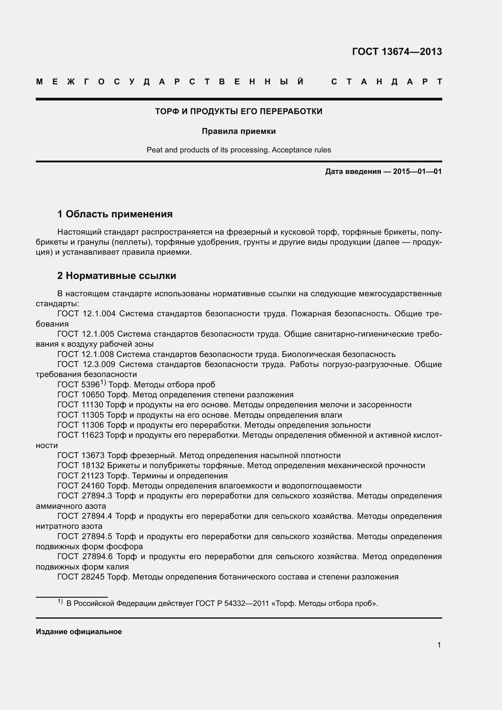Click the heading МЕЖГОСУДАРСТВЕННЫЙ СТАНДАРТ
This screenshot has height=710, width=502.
coord(239,82)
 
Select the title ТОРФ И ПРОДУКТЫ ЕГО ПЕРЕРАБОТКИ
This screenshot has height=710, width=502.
coord(239,111)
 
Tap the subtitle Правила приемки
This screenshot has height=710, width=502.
coord(239,131)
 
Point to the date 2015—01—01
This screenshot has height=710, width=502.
coord(417,172)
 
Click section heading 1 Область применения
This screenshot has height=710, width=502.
coord(115,214)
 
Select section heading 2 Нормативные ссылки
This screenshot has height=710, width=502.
coord(117,276)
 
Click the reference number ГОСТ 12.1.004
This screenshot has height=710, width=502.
coord(86,314)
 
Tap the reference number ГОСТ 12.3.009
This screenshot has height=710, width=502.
coord(86,365)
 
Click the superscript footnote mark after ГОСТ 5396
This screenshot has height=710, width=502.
coord(103,383)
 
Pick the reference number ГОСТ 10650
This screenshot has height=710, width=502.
coord(81,395)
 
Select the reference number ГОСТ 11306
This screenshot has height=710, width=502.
coord(81,425)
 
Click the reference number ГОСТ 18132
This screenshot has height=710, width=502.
coord(81,466)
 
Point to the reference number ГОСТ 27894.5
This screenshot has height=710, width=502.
coord(85,536)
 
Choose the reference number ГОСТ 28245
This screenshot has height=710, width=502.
coord(81,577)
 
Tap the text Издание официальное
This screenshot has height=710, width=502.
coord(79,632)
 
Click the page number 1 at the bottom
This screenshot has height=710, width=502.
coord(439,645)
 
